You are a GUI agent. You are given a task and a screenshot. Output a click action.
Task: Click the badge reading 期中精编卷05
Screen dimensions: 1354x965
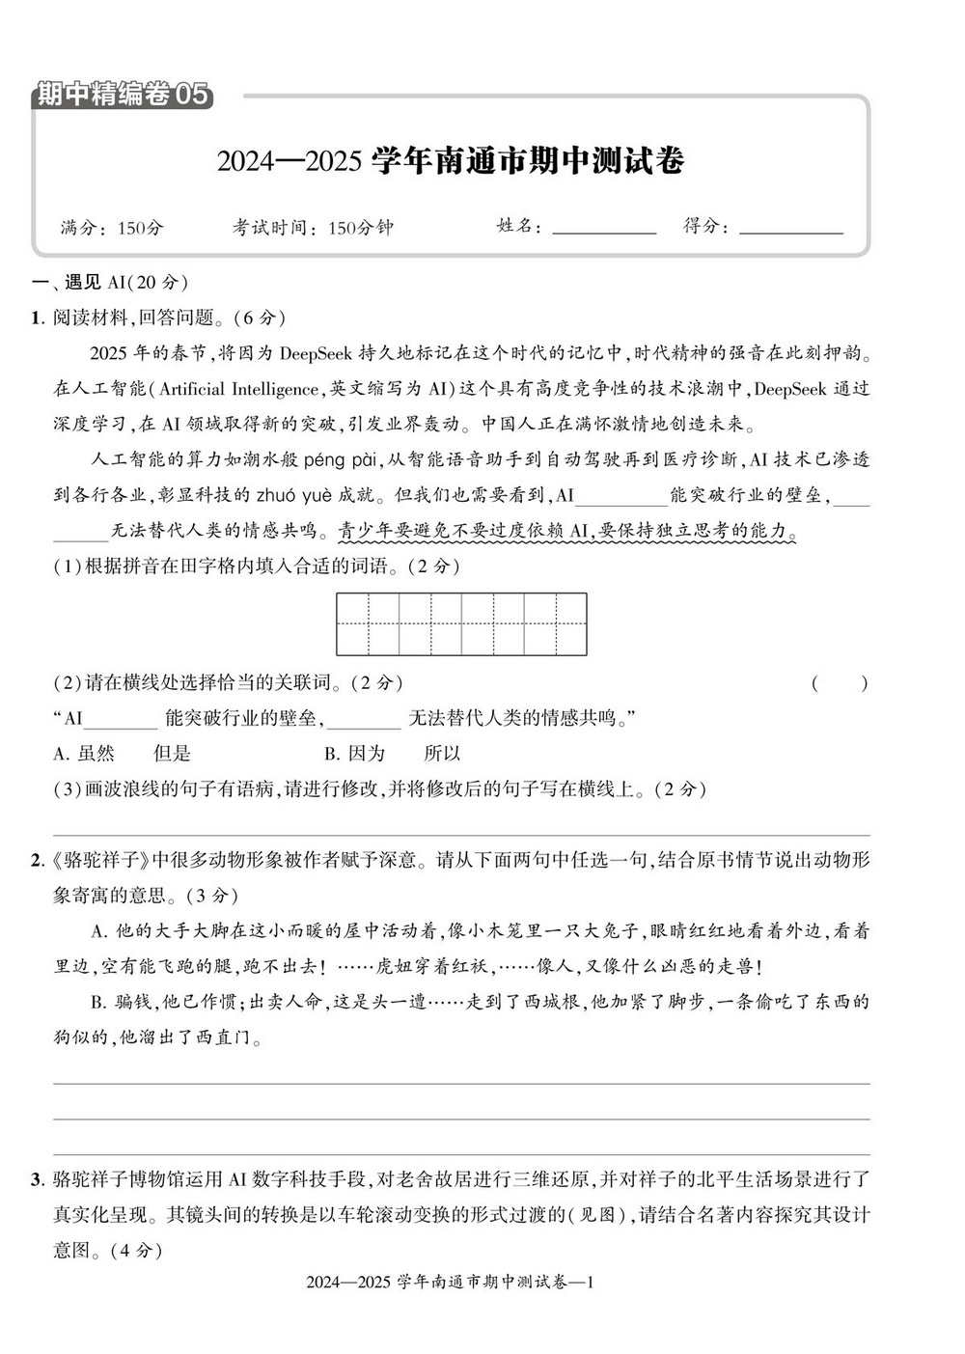(x=122, y=95)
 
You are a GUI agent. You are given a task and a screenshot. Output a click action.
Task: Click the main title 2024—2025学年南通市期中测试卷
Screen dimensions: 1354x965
(x=450, y=160)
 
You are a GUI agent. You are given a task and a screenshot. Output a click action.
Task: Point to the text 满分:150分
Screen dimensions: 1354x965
(x=112, y=229)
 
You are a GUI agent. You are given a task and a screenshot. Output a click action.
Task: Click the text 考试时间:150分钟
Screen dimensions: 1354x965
(x=313, y=229)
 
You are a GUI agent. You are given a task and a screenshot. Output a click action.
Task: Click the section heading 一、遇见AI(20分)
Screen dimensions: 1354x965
(x=110, y=283)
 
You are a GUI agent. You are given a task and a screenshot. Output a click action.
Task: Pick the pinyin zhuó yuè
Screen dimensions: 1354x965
(x=293, y=496)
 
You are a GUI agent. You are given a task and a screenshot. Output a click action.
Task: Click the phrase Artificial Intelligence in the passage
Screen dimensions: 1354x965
(x=236, y=389)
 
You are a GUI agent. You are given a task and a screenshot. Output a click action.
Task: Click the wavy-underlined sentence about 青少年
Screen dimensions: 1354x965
(x=566, y=532)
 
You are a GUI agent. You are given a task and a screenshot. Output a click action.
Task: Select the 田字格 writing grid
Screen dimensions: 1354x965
(x=461, y=624)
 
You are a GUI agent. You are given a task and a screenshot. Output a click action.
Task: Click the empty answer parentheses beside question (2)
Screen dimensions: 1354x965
(x=839, y=683)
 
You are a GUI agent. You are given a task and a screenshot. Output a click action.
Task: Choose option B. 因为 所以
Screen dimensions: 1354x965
(x=393, y=754)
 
